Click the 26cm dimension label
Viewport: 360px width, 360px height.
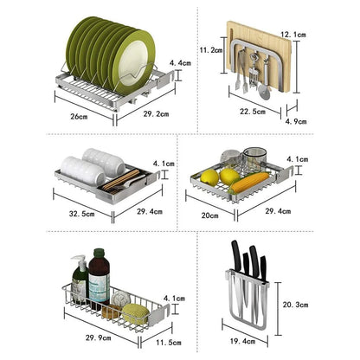(x=79, y=115)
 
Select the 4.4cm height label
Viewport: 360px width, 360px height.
(x=180, y=63)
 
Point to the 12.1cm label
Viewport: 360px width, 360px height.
(x=318, y=34)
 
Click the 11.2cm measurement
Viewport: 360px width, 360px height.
(x=212, y=51)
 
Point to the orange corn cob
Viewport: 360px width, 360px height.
(x=249, y=183)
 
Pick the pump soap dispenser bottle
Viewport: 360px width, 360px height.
(x=80, y=281)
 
